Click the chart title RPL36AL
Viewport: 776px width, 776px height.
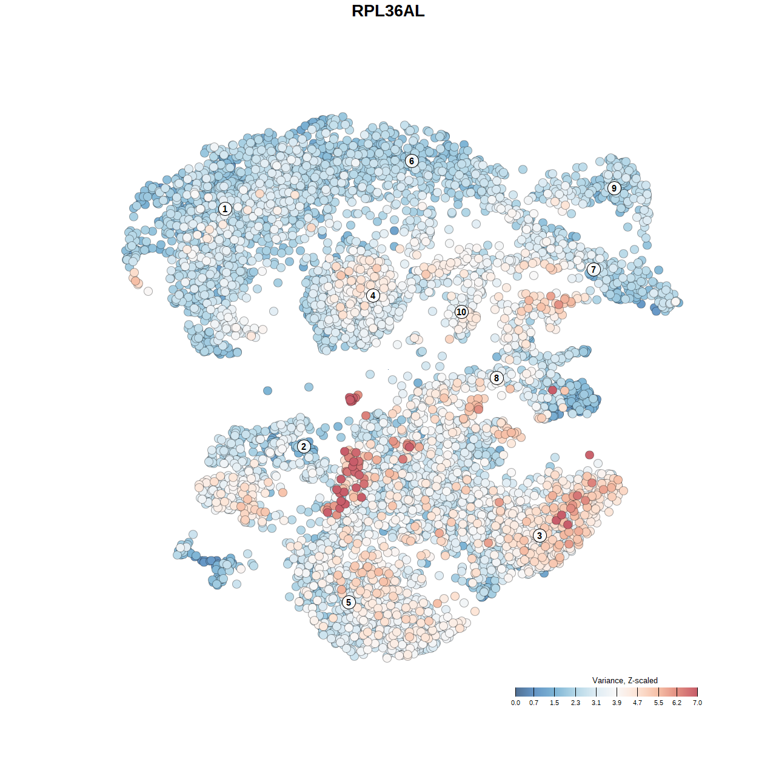388,11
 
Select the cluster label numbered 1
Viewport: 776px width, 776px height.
225,209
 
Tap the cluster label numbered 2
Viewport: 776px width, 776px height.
304,447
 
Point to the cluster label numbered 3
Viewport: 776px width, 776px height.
540,535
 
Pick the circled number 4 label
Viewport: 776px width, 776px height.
373,295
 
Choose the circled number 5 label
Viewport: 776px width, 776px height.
349,602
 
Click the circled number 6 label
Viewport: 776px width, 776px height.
412,161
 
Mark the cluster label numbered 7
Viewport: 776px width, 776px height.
594,270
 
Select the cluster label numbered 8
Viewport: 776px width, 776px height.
497,378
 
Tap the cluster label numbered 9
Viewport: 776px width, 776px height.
614,188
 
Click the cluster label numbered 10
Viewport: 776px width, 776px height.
461,312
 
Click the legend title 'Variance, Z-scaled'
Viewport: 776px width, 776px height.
624,680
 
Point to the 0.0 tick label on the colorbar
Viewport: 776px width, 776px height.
515,703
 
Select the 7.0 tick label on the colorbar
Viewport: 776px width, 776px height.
697,703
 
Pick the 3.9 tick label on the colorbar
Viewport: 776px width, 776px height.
617,703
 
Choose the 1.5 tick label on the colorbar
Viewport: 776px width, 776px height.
555,703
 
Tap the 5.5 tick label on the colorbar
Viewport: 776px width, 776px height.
658,703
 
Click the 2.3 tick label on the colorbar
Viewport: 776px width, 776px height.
575,703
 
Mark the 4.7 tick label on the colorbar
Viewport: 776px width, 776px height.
638,703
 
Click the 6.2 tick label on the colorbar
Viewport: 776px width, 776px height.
677,703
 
